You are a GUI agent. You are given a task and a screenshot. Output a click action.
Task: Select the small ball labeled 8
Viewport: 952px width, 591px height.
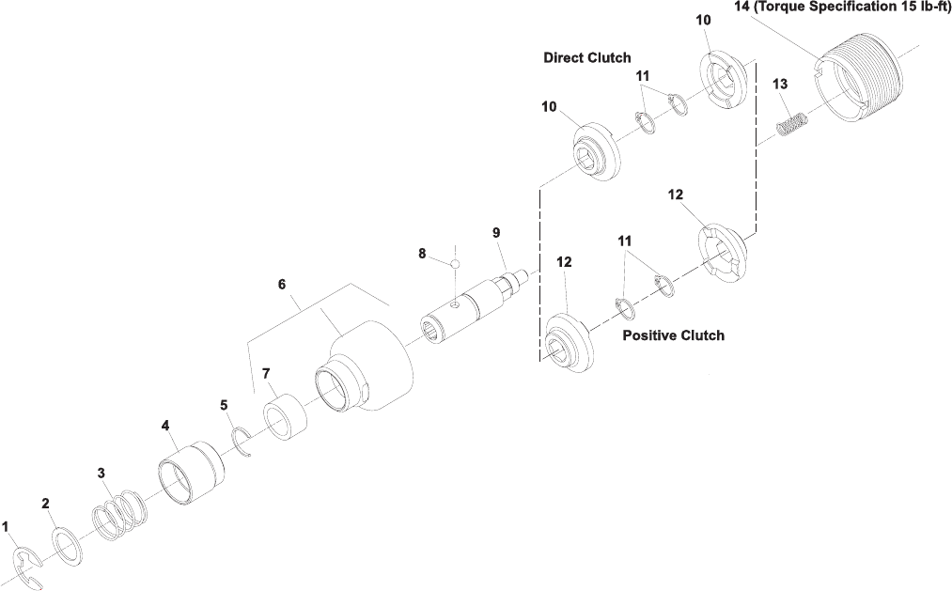point(453,264)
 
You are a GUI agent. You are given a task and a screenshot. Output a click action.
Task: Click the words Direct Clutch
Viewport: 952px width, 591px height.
point(587,57)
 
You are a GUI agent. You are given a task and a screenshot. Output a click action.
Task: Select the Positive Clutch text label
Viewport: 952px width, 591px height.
point(673,334)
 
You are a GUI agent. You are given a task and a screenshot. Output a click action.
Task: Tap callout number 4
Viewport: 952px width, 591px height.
point(165,425)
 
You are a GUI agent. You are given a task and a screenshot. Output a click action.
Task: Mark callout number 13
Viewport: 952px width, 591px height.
point(780,84)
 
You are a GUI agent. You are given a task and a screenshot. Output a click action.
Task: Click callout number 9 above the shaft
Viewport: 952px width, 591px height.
point(496,232)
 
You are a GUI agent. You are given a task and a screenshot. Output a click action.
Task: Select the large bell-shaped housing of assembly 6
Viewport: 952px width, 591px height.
point(371,370)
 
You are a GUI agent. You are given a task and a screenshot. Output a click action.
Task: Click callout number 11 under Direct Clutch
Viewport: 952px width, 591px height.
point(643,75)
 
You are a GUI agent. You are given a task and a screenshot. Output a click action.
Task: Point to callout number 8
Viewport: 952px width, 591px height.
point(423,253)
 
